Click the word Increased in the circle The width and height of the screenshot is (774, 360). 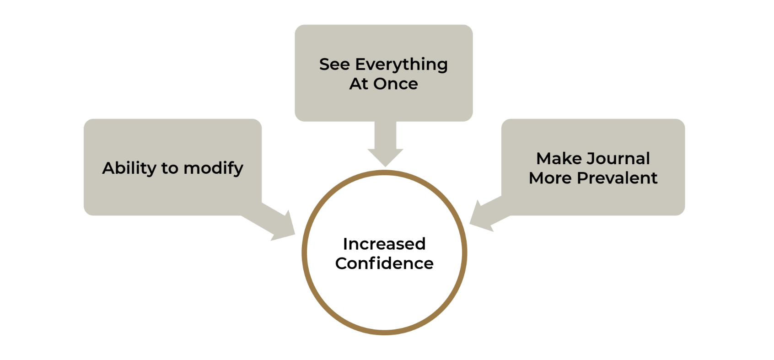[x=384, y=244]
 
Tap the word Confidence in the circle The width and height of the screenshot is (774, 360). [x=384, y=263]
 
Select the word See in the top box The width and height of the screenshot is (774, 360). [x=334, y=64]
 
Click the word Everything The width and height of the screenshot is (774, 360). [x=401, y=65]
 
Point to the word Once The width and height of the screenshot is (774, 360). [x=396, y=84]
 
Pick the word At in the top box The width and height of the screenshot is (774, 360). [x=359, y=84]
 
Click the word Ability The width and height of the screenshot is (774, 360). [x=129, y=168]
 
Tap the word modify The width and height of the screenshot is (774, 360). [x=213, y=168]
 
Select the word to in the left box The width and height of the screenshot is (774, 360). [x=170, y=168]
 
